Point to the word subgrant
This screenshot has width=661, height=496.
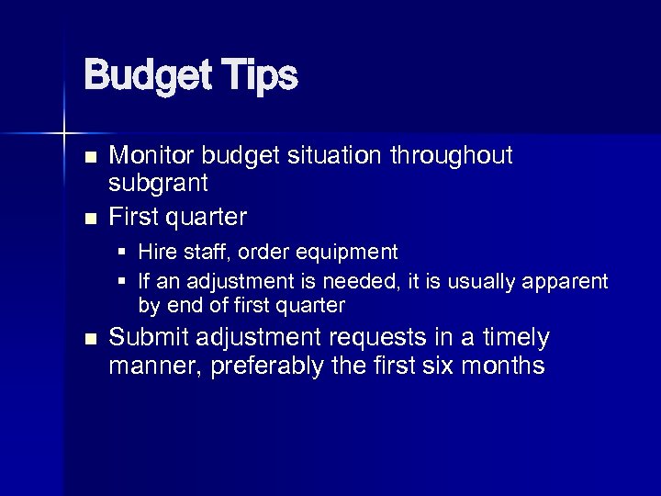[x=158, y=184]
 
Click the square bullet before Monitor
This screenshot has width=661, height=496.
[x=89, y=158]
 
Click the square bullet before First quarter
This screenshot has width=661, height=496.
[x=89, y=219]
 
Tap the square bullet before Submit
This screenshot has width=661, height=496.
[x=89, y=340]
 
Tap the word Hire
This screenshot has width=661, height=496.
[x=155, y=252]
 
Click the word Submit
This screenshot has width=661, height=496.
[x=144, y=338]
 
